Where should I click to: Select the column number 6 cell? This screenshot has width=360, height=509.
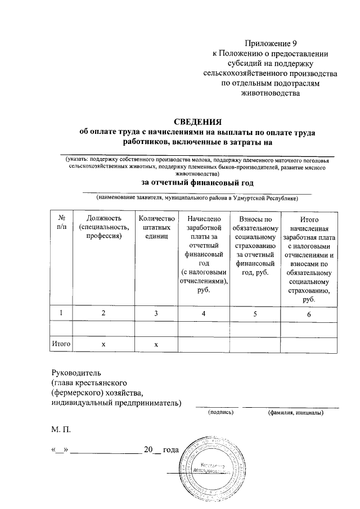coord(308,313)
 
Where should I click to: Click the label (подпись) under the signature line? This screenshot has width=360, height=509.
coord(220,412)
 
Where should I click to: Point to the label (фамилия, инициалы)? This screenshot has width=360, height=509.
coord(295,412)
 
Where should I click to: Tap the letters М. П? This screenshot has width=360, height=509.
coord(61,430)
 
